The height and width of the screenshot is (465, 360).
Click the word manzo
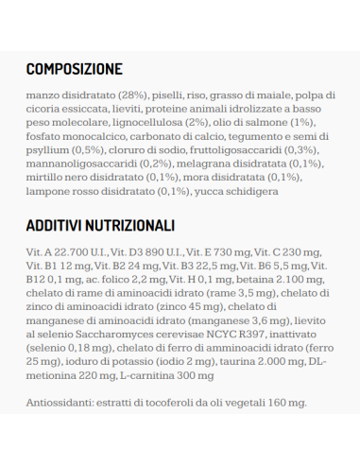(x=44, y=95)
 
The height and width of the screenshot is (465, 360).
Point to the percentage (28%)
(x=133, y=95)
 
